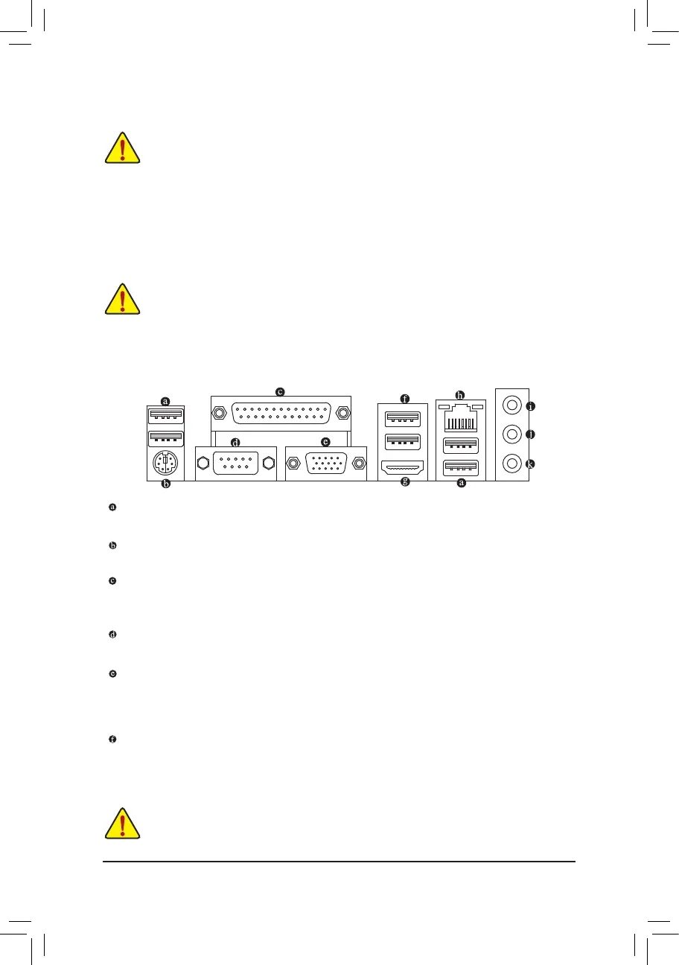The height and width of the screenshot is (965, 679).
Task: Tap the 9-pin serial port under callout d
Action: pos(235,462)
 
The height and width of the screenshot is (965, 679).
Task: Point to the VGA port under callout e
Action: pos(325,463)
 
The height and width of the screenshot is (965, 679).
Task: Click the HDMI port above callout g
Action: pos(402,467)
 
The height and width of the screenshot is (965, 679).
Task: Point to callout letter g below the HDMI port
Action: pos(406,482)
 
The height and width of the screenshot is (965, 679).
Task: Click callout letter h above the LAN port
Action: pos(460,394)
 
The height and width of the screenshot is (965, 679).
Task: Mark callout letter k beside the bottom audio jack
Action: pos(530,464)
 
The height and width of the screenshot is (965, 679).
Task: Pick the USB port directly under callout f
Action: pos(402,415)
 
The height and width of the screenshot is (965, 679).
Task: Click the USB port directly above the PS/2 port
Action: pos(165,439)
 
